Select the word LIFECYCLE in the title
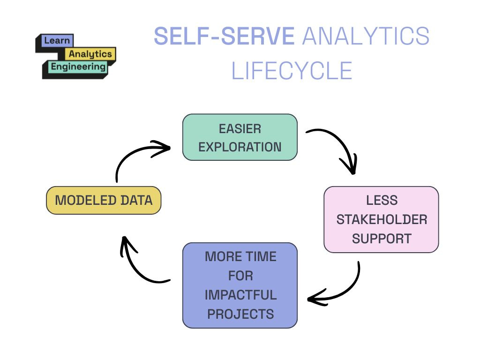[x=292, y=71]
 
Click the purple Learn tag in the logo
[x=57, y=41]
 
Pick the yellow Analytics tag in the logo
[x=90, y=54]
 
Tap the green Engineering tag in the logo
[x=78, y=67]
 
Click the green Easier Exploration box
[x=240, y=137]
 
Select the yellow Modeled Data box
[x=104, y=201]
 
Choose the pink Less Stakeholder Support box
[x=381, y=219]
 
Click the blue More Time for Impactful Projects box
[x=240, y=285]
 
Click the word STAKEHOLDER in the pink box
[x=382, y=219]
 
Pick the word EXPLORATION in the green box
[x=240, y=147]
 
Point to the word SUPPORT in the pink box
[x=382, y=238]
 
